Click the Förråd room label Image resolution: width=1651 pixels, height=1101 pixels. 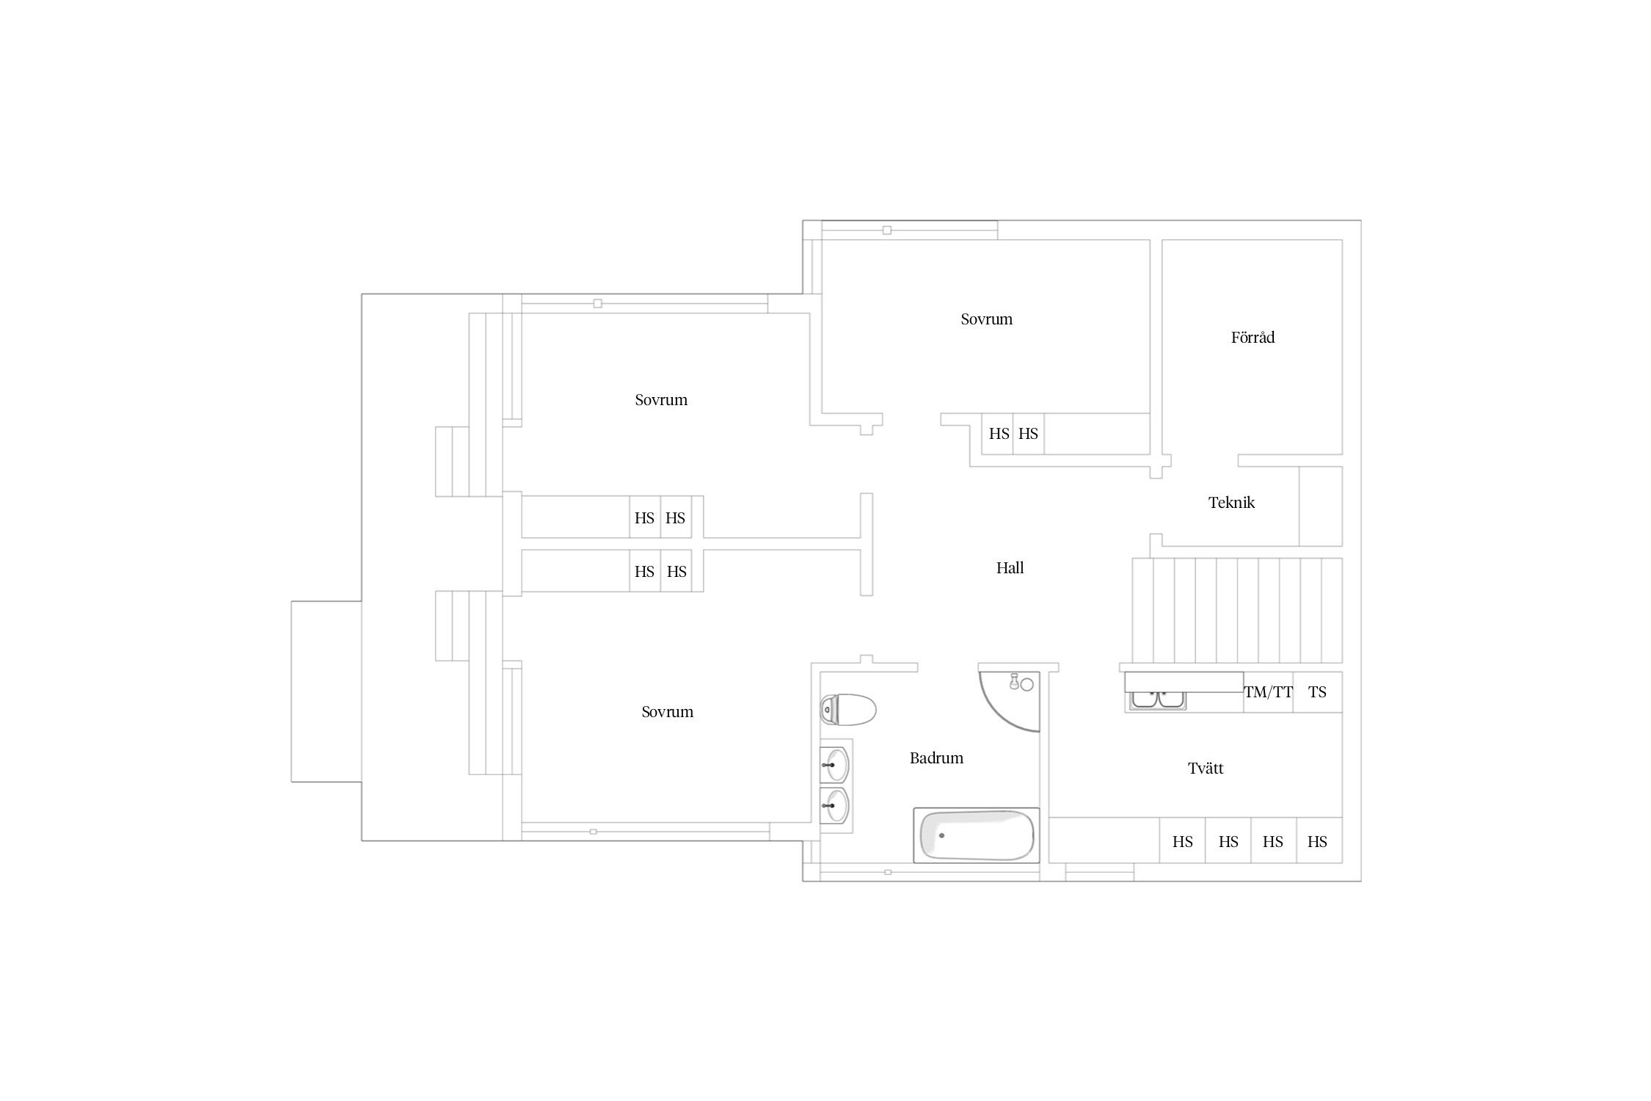1253,338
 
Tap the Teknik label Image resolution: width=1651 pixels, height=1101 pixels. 1231,503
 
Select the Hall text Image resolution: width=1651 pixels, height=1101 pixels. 1010,567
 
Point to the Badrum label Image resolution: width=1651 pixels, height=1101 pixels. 936,758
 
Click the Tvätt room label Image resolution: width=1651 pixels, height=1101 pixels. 1206,768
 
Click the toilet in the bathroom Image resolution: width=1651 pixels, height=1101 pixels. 848,710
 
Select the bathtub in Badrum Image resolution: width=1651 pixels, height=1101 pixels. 977,835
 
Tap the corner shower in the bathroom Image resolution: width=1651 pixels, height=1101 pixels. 1010,702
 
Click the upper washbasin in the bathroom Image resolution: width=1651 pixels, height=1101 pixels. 835,765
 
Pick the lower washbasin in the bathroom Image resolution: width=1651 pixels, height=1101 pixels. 835,806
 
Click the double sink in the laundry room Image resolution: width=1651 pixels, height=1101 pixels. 1158,700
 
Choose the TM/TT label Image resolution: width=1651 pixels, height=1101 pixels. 1268,692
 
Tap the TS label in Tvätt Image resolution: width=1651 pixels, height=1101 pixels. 1317,692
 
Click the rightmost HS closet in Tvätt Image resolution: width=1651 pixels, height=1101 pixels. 1319,840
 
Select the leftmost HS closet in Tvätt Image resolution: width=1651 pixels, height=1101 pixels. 1182,840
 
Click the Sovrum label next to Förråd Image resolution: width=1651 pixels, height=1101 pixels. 986,319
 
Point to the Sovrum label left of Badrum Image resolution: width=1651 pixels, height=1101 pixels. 667,712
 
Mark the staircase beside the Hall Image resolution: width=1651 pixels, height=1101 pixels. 1237,611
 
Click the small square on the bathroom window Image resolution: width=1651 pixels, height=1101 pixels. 888,872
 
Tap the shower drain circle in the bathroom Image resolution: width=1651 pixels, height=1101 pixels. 1027,685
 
